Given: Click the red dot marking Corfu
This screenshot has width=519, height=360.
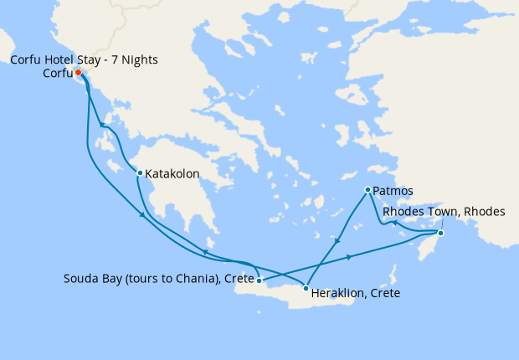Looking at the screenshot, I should pyautogui.click(x=78, y=73).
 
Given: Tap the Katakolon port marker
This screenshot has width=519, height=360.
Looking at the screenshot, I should pyautogui.click(x=140, y=173).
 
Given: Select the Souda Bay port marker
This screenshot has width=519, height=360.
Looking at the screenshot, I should pyautogui.click(x=259, y=280).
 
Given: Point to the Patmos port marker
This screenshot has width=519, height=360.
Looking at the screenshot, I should pyautogui.click(x=367, y=190).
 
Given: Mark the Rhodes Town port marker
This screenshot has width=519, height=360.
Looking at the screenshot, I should pyautogui.click(x=441, y=233).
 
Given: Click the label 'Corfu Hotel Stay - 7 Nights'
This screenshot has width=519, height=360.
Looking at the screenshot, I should pyautogui.click(x=83, y=60).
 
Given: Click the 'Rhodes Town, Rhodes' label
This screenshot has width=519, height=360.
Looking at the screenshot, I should pyautogui.click(x=444, y=212).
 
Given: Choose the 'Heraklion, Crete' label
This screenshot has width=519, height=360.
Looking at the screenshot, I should pyautogui.click(x=355, y=294).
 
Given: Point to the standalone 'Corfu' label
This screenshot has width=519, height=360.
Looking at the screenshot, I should pyautogui.click(x=58, y=73).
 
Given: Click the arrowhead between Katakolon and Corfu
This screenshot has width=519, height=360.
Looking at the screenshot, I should pyautogui.click(x=102, y=126).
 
